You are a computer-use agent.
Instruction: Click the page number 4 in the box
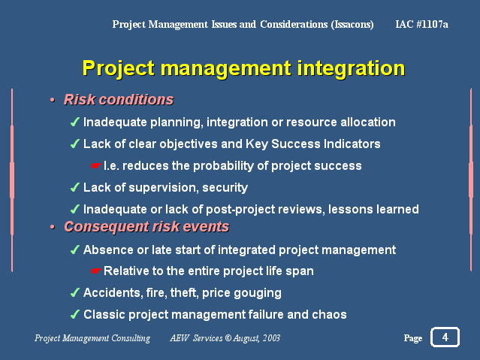pyautogui.click(x=445, y=337)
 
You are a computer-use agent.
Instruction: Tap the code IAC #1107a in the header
pyautogui.click(x=421, y=24)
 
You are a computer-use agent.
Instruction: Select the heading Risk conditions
pyautogui.click(x=119, y=99)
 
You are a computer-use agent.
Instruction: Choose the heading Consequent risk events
pyautogui.click(x=146, y=227)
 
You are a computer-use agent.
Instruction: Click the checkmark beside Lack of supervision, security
pyautogui.click(x=75, y=187)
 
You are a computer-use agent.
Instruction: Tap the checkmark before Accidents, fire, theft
pyautogui.click(x=75, y=292)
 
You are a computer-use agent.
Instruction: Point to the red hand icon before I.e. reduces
pyautogui.click(x=96, y=166)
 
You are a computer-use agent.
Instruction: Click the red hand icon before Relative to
pyautogui.click(x=96, y=271)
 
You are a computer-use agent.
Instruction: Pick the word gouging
pyautogui.click(x=258, y=293)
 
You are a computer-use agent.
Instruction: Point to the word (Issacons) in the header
pyautogui.click(x=352, y=25)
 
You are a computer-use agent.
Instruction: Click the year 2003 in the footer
pyautogui.click(x=271, y=338)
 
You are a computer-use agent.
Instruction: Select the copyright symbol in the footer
pyautogui.click(x=228, y=338)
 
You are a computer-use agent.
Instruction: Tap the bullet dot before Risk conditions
pyautogui.click(x=53, y=100)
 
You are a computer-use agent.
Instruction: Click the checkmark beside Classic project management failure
pyautogui.click(x=75, y=314)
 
